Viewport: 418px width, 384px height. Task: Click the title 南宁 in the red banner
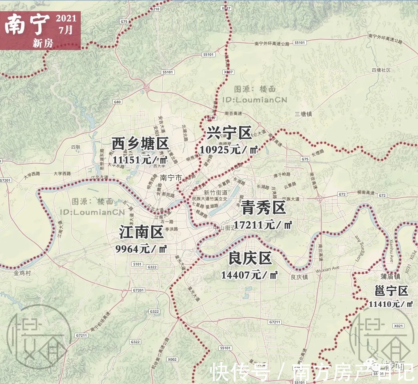point(27,25)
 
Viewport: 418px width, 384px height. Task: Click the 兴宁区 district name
point(229,132)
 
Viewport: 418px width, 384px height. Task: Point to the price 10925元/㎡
point(228,150)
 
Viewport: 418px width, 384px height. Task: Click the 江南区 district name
point(141,232)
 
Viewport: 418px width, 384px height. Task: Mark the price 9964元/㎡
point(141,249)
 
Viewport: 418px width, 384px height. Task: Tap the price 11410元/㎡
point(391,304)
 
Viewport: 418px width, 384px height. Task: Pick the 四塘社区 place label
point(381,70)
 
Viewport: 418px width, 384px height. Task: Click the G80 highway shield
point(117,102)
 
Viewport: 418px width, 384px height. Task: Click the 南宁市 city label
point(171,177)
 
